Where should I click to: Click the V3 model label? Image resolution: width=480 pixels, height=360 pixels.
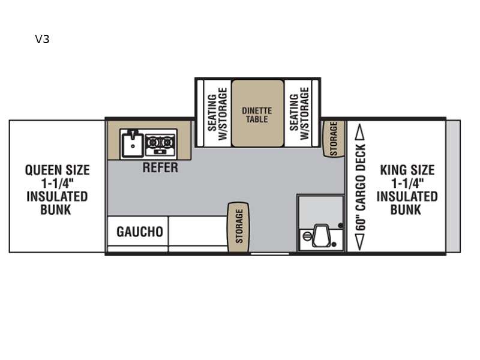point(42,39)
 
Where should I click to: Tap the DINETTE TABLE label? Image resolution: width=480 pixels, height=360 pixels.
point(257,115)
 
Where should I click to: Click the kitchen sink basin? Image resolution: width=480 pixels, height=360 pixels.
point(132,144)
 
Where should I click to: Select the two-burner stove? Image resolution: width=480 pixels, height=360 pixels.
point(160,144)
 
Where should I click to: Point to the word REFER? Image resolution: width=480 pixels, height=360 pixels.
point(160,167)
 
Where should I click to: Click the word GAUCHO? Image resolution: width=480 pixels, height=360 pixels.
point(140,232)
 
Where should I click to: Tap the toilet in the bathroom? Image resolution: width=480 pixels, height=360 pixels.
point(320,236)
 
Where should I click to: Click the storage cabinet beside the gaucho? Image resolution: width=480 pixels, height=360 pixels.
point(238,227)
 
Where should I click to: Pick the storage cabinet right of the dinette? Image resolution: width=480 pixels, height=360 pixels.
point(334,139)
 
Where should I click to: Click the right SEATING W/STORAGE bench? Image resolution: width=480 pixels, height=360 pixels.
point(299,113)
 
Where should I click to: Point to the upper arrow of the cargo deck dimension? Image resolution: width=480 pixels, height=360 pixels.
point(360,131)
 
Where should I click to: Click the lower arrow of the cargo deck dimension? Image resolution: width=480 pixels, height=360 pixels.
point(360,242)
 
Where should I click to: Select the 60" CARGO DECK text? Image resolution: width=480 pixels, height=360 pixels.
point(361,187)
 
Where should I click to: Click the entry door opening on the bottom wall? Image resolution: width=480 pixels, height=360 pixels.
point(269,254)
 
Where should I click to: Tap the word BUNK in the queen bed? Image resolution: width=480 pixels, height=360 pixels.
point(55,210)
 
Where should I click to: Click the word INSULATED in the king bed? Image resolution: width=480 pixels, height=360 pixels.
point(407,197)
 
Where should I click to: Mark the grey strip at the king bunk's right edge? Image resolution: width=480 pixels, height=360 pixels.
point(453,187)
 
